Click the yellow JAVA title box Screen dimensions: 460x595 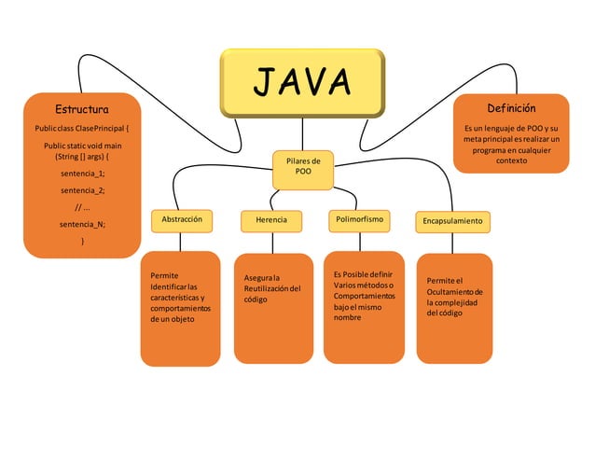(301, 83)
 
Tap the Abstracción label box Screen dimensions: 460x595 (181, 219)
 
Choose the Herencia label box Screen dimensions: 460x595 (271, 220)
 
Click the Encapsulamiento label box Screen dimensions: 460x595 (452, 221)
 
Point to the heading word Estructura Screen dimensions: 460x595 (82, 109)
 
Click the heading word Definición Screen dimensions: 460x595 (511, 109)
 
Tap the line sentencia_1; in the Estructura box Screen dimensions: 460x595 (82, 174)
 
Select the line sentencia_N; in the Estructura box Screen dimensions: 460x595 (82, 224)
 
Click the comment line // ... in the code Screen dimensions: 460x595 (82, 207)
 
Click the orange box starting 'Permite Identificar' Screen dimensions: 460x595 (180, 308)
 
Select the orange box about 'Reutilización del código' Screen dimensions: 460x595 (272, 308)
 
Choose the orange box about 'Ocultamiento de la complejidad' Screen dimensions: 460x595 (453, 308)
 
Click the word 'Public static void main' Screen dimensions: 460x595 (82, 146)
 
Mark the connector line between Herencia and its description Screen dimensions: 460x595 (272, 242)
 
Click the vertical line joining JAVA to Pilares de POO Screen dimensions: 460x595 (301, 133)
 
